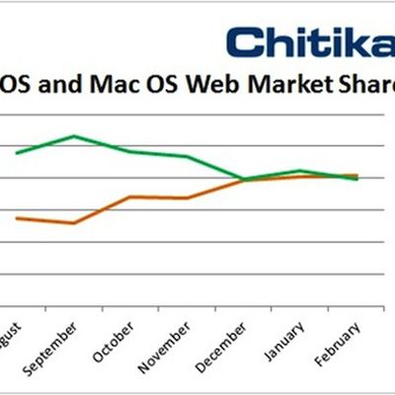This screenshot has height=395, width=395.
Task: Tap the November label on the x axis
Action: tap(170, 344)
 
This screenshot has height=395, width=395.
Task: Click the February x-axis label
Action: tap(342, 341)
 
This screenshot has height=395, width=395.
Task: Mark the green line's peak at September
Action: tap(75, 135)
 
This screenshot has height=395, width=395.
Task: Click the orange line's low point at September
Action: tap(74, 223)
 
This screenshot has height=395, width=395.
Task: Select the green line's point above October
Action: tap(131, 151)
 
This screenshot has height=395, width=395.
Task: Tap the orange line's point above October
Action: tap(131, 197)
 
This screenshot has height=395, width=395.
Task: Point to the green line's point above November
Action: tap(188, 157)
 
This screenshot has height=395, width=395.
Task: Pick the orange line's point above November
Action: tap(188, 197)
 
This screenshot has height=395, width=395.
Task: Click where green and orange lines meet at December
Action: tap(244, 180)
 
